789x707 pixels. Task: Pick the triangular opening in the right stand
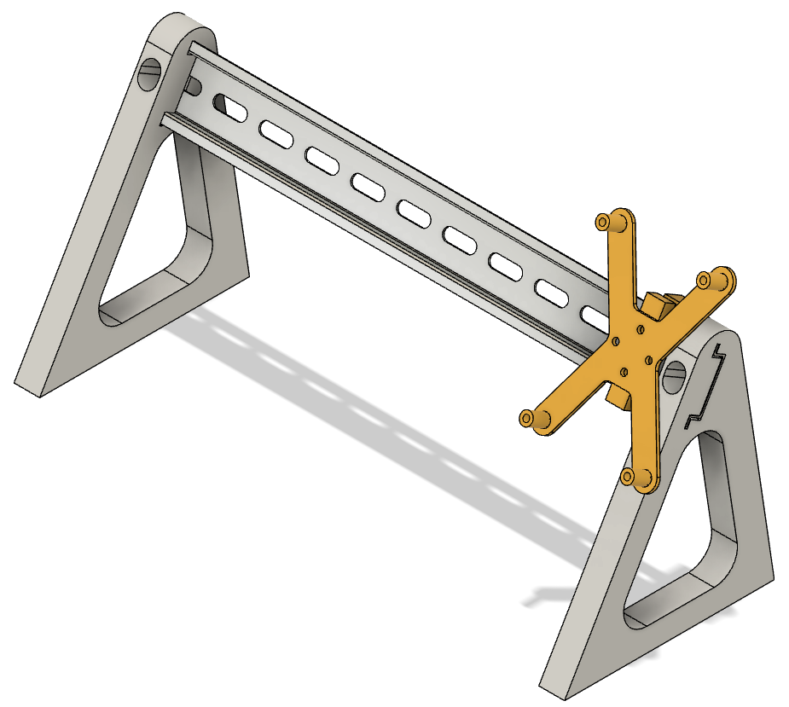point(678,546)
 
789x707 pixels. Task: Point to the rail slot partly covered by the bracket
point(595,316)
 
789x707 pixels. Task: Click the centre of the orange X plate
point(632,350)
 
